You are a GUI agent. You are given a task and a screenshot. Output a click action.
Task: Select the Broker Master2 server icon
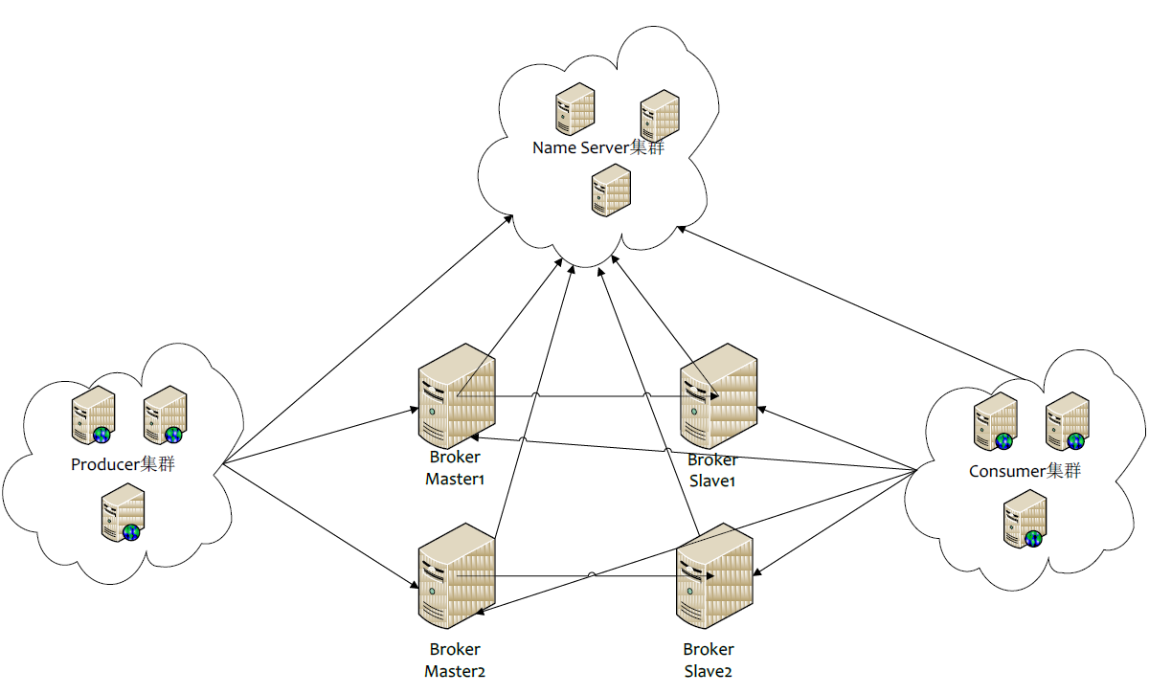click(x=457, y=574)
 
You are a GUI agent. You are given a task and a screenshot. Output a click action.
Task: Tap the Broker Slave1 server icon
click(x=718, y=394)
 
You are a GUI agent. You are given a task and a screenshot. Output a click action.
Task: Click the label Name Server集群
click(x=597, y=147)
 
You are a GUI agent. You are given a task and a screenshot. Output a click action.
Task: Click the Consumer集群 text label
click(x=1025, y=470)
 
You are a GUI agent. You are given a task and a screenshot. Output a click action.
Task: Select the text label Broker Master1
click(x=455, y=468)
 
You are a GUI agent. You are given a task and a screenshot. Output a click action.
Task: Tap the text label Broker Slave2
click(x=709, y=660)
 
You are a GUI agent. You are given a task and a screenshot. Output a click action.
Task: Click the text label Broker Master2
click(x=455, y=660)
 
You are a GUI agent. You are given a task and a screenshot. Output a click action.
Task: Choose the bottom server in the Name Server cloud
click(x=612, y=189)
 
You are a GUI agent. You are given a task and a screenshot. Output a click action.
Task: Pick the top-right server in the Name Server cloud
click(x=660, y=115)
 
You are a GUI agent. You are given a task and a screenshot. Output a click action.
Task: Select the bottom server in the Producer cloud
click(x=123, y=513)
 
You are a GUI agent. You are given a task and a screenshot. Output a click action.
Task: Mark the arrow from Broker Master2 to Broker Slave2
click(x=594, y=576)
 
